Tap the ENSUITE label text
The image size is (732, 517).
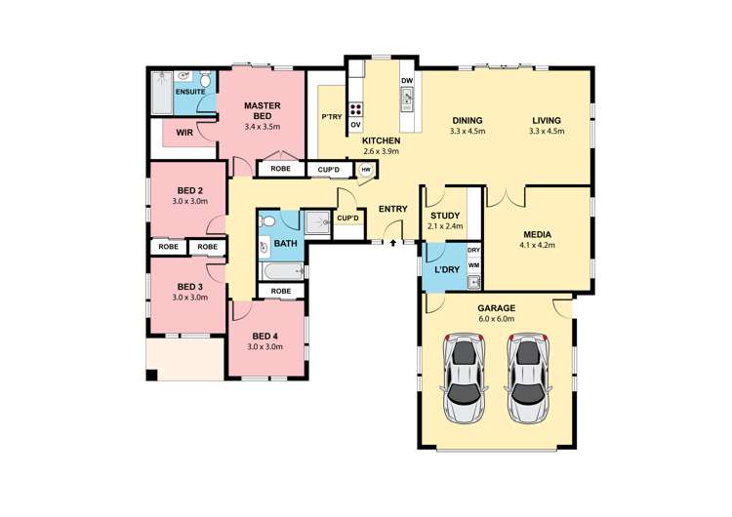tap(190, 92)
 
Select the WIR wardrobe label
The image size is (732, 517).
tap(184, 131)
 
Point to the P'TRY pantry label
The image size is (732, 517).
tap(331, 117)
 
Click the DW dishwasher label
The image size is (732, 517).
tap(406, 81)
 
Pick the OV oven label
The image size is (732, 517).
tap(356, 125)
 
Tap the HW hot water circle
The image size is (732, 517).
tap(366, 169)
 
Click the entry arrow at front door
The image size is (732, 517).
tap(392, 243)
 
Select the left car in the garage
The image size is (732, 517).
tap(465, 378)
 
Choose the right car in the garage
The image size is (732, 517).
tap(527, 378)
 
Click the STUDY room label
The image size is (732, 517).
tap(444, 217)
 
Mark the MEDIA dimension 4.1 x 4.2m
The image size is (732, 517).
tap(537, 246)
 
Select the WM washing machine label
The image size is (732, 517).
tap(473, 264)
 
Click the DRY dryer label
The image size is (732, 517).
tap(473, 250)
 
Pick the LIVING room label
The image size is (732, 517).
tap(547, 120)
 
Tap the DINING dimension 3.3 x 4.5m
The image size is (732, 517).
tap(466, 131)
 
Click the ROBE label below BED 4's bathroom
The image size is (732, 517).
tap(281, 291)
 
